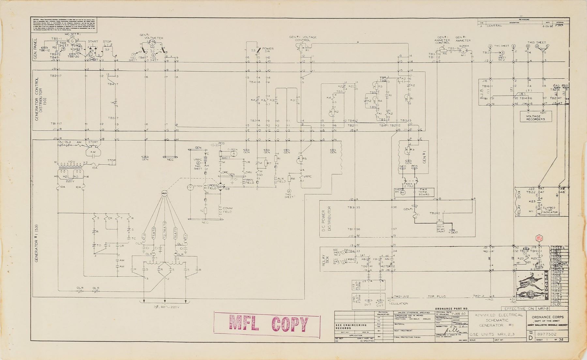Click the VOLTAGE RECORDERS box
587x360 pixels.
pos(535,118)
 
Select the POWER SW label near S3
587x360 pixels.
pos(268,50)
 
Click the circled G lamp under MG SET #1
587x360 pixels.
pos(73,41)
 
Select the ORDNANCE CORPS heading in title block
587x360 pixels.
pos(549,317)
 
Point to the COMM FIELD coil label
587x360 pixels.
pos(227,210)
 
